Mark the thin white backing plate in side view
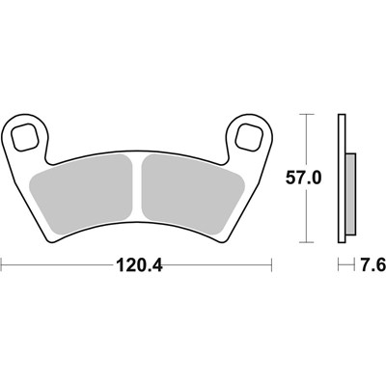point(342,179)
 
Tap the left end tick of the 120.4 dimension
point(3,262)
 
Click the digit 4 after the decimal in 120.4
point(157,262)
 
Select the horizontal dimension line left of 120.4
point(58,262)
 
